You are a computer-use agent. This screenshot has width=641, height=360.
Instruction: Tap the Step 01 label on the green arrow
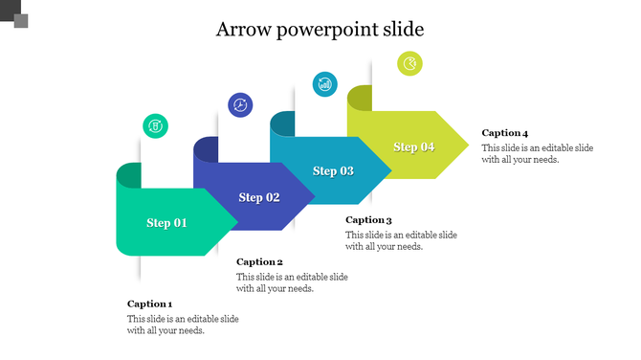166,223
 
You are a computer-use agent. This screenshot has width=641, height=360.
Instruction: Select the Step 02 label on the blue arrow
259,197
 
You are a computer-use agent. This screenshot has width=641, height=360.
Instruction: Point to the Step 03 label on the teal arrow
333,171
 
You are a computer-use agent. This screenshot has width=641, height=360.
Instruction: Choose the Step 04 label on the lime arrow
414,146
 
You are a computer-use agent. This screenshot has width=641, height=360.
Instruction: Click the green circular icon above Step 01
155,125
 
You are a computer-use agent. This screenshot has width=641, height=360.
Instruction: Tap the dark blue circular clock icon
240,104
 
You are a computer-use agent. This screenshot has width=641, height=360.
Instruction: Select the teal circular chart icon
325,83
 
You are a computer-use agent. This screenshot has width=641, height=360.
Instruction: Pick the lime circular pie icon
409,63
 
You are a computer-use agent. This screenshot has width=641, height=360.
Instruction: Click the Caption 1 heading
149,304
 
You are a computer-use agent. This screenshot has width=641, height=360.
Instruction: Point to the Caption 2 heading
259,261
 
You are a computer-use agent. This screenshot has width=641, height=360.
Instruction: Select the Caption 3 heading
368,219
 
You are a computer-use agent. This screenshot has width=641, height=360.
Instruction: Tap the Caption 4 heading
505,133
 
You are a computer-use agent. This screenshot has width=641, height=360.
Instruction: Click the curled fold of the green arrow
128,175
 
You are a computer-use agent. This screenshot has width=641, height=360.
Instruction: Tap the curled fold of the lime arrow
360,98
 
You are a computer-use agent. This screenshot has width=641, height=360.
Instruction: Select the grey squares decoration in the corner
15,13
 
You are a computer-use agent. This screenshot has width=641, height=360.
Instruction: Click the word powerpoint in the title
324,30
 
